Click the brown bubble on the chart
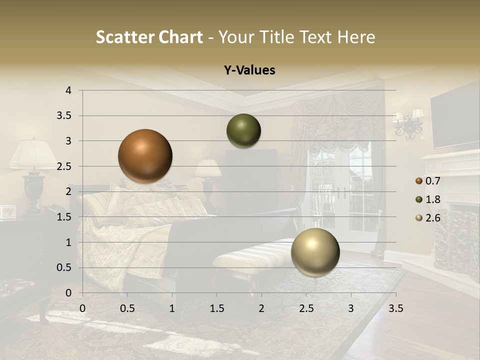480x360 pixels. click(x=145, y=156)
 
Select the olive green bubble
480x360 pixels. click(x=243, y=131)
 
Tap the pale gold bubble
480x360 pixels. click(x=315, y=252)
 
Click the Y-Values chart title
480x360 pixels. click(x=249, y=70)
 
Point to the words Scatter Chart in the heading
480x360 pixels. click(x=149, y=37)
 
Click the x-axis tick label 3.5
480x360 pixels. click(x=395, y=308)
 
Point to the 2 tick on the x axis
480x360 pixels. click(x=261, y=308)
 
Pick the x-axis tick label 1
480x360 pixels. click(x=172, y=308)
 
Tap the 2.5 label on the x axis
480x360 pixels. click(x=306, y=308)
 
